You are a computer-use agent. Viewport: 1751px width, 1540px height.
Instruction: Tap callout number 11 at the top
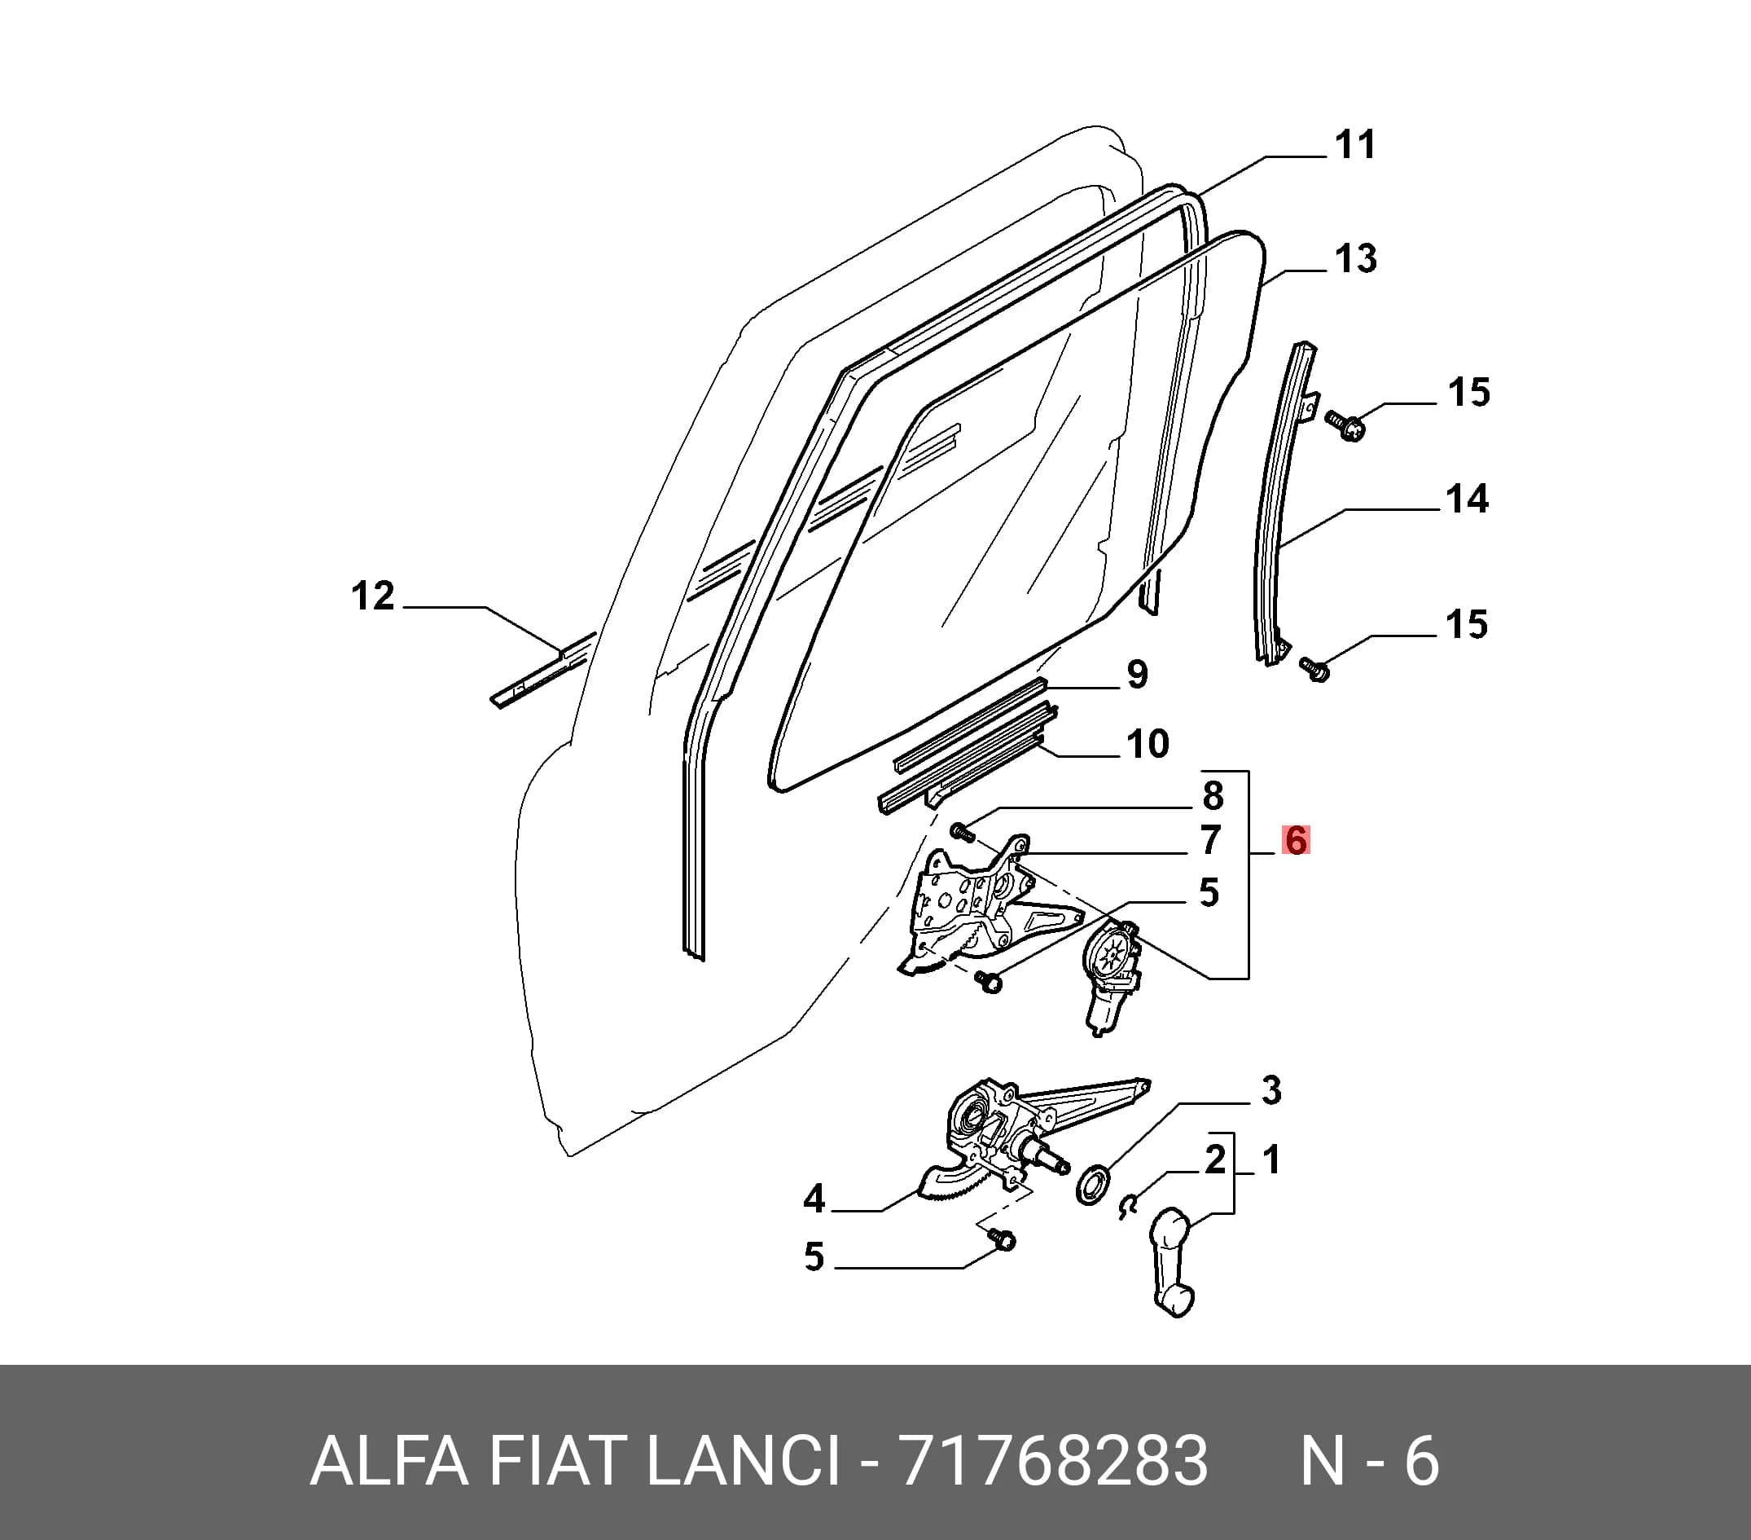[1355, 144]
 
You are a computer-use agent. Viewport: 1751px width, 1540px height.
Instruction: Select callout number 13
[1356, 259]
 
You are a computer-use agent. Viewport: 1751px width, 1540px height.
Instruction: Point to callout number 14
[1468, 499]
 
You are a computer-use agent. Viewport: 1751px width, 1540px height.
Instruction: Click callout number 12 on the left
[373, 596]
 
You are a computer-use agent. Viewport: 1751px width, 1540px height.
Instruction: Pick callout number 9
[1137, 675]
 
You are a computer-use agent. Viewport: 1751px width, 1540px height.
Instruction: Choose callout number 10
[1148, 744]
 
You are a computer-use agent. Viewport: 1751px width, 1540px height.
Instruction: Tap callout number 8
[1212, 795]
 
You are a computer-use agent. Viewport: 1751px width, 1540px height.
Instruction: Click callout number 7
[1209, 841]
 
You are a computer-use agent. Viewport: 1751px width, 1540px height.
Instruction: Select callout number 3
[1271, 1091]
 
